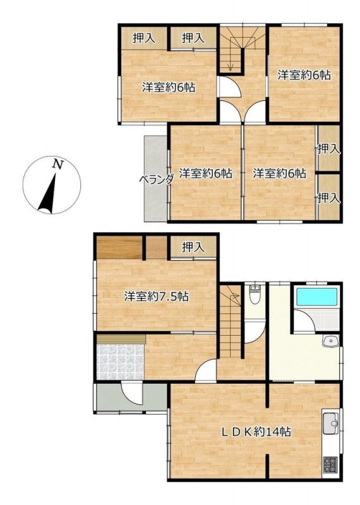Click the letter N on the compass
(57, 164)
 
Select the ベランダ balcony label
(157, 179)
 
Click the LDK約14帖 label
(256, 431)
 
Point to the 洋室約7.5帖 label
(156, 296)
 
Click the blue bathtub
(316, 297)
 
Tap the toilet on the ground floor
(255, 294)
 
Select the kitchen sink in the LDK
(330, 423)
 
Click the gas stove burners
(330, 465)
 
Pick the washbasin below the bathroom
(330, 341)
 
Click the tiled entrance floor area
(120, 362)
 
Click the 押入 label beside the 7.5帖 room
(193, 247)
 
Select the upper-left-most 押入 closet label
(144, 39)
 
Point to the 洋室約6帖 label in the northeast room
(304, 75)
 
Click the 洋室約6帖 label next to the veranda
(206, 174)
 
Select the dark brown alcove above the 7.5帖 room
(119, 247)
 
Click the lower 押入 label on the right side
(329, 198)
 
